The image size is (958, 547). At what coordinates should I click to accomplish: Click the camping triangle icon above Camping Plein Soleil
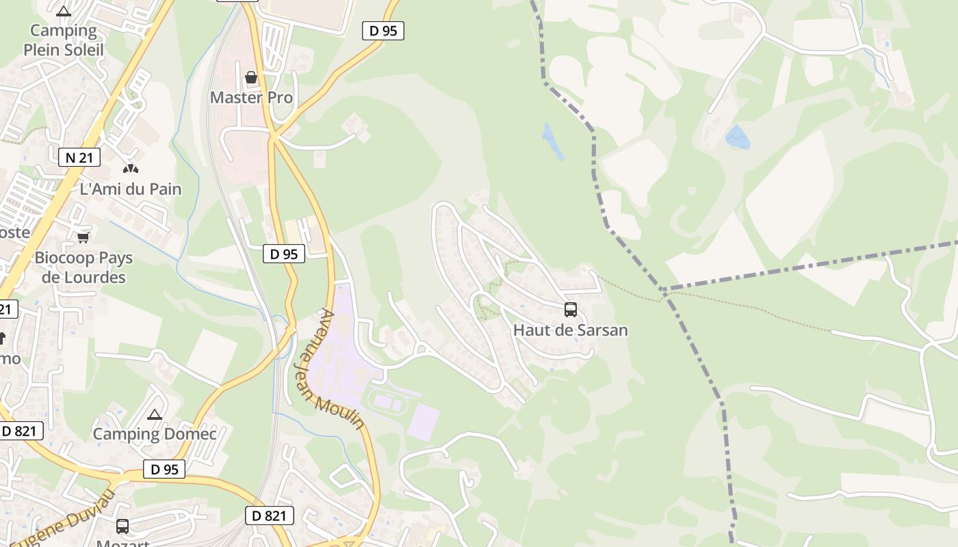[x=64, y=11]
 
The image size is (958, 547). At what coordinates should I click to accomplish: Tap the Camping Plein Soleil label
[x=64, y=40]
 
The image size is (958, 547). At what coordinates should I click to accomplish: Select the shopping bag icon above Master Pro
[x=251, y=77]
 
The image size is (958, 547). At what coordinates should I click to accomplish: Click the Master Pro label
[x=251, y=98]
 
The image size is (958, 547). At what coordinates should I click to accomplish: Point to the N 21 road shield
[x=79, y=157]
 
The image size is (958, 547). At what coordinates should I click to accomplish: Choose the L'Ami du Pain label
[x=131, y=189]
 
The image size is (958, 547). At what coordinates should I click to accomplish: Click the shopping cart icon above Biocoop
[x=83, y=237]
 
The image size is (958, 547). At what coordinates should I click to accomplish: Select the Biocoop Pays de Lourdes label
[x=83, y=267]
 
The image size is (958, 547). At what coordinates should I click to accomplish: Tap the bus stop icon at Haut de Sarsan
[x=571, y=310]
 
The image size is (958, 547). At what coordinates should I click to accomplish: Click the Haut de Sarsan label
[x=570, y=330]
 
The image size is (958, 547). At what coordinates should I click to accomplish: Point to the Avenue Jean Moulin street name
[x=339, y=369]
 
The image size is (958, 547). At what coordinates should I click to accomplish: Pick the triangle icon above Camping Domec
[x=155, y=414]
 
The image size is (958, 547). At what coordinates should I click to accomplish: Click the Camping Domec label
[x=155, y=434]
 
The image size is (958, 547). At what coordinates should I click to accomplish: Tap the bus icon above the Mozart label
[x=122, y=526]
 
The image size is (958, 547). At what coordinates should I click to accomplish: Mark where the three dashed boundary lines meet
[x=662, y=290]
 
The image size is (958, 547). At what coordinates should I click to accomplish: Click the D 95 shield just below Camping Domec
[x=164, y=469]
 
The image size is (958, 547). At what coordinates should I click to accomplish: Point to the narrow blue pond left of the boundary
[x=552, y=141]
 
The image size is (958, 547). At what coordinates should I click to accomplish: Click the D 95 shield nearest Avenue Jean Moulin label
[x=284, y=254]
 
